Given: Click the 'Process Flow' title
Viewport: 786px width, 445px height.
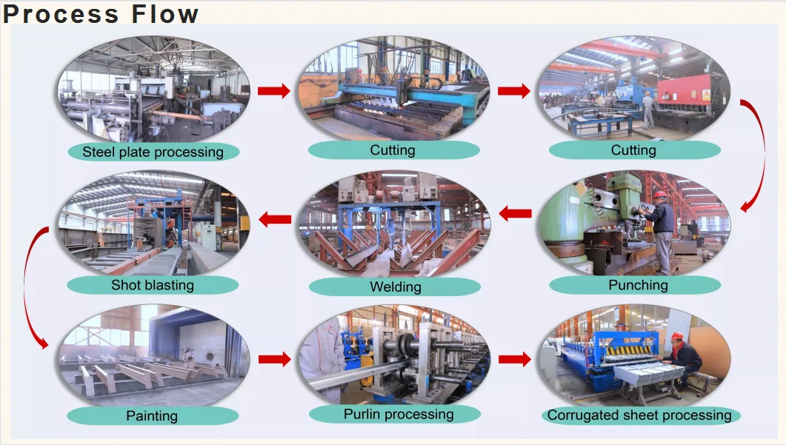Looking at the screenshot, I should pos(101,14).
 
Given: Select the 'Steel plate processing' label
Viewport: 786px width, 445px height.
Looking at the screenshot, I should pos(153,152).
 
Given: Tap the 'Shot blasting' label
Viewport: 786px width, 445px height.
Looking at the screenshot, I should pos(153,285).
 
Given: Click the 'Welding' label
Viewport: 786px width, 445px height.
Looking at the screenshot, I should pos(395,287).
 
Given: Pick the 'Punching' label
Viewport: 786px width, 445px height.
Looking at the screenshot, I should pos(638,285).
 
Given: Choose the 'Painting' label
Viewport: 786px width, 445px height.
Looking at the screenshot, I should pos(152,416).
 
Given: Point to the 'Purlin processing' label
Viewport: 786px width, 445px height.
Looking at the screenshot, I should pos(399,414).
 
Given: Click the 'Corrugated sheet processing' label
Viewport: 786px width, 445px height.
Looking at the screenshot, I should pos(639,415).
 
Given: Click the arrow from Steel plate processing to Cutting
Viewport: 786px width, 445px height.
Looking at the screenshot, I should pos(274,91).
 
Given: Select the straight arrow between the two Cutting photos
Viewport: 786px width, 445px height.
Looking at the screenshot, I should pos(514,91).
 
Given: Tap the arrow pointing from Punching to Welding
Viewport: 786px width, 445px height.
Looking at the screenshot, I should pos(515,214).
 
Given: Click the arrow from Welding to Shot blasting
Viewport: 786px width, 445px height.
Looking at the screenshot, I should pos(274,218).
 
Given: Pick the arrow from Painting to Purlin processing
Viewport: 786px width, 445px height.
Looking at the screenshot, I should pos(274,360).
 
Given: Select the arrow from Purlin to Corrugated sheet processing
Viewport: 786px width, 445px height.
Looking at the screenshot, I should pos(514,360).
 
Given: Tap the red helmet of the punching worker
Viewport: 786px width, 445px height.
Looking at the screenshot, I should pos(659,195).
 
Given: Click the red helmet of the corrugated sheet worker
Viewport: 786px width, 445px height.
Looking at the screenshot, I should pos(676,336).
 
